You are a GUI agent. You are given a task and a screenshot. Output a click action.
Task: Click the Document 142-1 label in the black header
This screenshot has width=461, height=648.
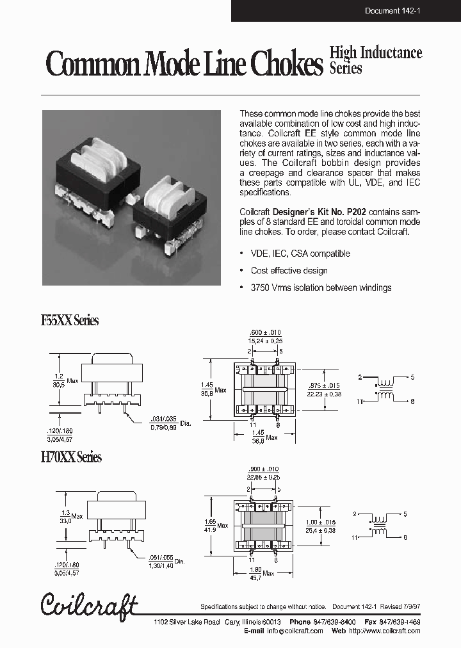391,11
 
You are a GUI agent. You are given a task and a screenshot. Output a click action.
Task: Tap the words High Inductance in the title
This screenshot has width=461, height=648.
375,53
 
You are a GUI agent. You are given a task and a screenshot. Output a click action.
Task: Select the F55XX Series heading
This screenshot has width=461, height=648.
70,321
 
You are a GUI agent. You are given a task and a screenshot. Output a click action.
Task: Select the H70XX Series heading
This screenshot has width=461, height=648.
71,457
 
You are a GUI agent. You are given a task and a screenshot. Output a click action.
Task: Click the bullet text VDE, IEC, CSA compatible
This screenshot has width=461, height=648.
300,254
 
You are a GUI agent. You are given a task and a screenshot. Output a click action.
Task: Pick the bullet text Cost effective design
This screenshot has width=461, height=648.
289,271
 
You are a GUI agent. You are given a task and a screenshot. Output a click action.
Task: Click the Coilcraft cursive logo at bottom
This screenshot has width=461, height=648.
89,606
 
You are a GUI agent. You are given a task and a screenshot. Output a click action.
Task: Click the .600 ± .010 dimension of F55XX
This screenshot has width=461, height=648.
264,333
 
